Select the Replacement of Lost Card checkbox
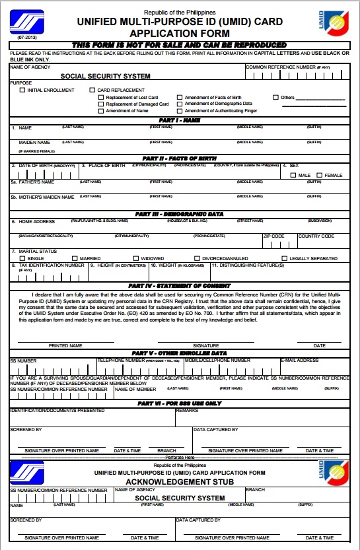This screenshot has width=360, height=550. tap(101, 97)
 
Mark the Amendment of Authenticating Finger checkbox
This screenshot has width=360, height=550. tap(180, 111)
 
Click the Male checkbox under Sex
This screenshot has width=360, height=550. tap(292, 175)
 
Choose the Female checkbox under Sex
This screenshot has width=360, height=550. tap(320, 175)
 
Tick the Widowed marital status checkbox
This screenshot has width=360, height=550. tap(136, 258)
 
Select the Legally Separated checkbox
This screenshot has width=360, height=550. tap(285, 258)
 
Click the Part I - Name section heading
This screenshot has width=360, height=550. tap(179, 120)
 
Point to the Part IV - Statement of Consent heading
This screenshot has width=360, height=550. tap(179, 285)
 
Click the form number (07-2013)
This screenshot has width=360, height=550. tap(18, 40)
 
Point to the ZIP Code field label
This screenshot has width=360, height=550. tap(273, 236)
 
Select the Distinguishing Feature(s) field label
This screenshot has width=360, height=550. tap(248, 265)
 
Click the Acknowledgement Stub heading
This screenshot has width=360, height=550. tap(180, 481)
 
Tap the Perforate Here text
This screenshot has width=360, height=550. tap(180, 457)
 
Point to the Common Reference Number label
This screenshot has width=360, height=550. tap(281, 67)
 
